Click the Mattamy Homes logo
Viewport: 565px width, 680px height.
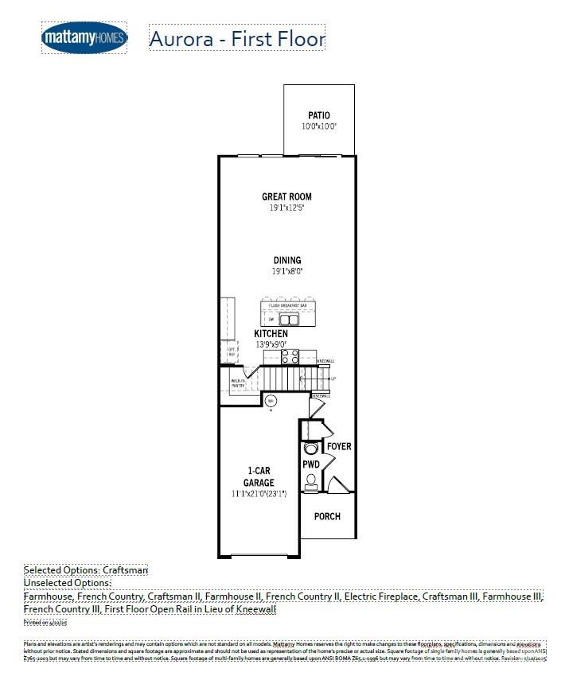(x=84, y=37)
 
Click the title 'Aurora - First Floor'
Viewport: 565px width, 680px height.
(x=237, y=38)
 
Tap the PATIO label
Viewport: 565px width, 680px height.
(x=319, y=116)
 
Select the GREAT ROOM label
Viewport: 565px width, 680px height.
(x=286, y=196)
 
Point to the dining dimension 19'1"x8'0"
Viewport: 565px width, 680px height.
(x=286, y=271)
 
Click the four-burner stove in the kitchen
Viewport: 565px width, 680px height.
(x=290, y=356)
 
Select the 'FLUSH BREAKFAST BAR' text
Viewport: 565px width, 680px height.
(x=288, y=305)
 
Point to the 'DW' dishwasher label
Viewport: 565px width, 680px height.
(x=270, y=319)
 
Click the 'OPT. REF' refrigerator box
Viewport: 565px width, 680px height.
(x=232, y=351)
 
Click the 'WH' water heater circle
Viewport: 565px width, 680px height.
(x=271, y=400)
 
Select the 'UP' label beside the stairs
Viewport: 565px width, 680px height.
(x=333, y=379)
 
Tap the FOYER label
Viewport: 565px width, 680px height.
(x=339, y=447)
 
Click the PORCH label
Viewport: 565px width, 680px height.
(x=327, y=516)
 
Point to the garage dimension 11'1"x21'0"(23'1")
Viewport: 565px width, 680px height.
(x=259, y=494)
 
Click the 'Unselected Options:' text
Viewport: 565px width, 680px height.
(x=68, y=583)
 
